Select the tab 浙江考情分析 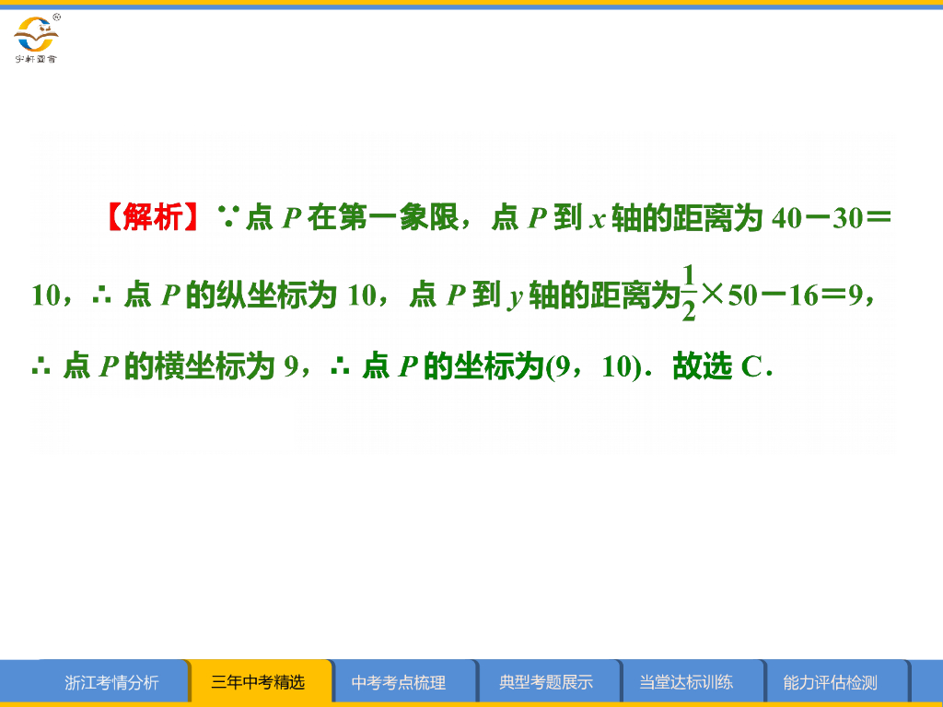[111, 683]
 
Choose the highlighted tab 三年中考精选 [258, 683]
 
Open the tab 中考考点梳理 [399, 683]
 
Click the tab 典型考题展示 [546, 683]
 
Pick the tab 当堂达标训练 [686, 683]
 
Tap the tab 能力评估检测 [830, 683]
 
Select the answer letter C [751, 367]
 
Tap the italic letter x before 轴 [597, 220]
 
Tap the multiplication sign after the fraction [713, 295]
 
